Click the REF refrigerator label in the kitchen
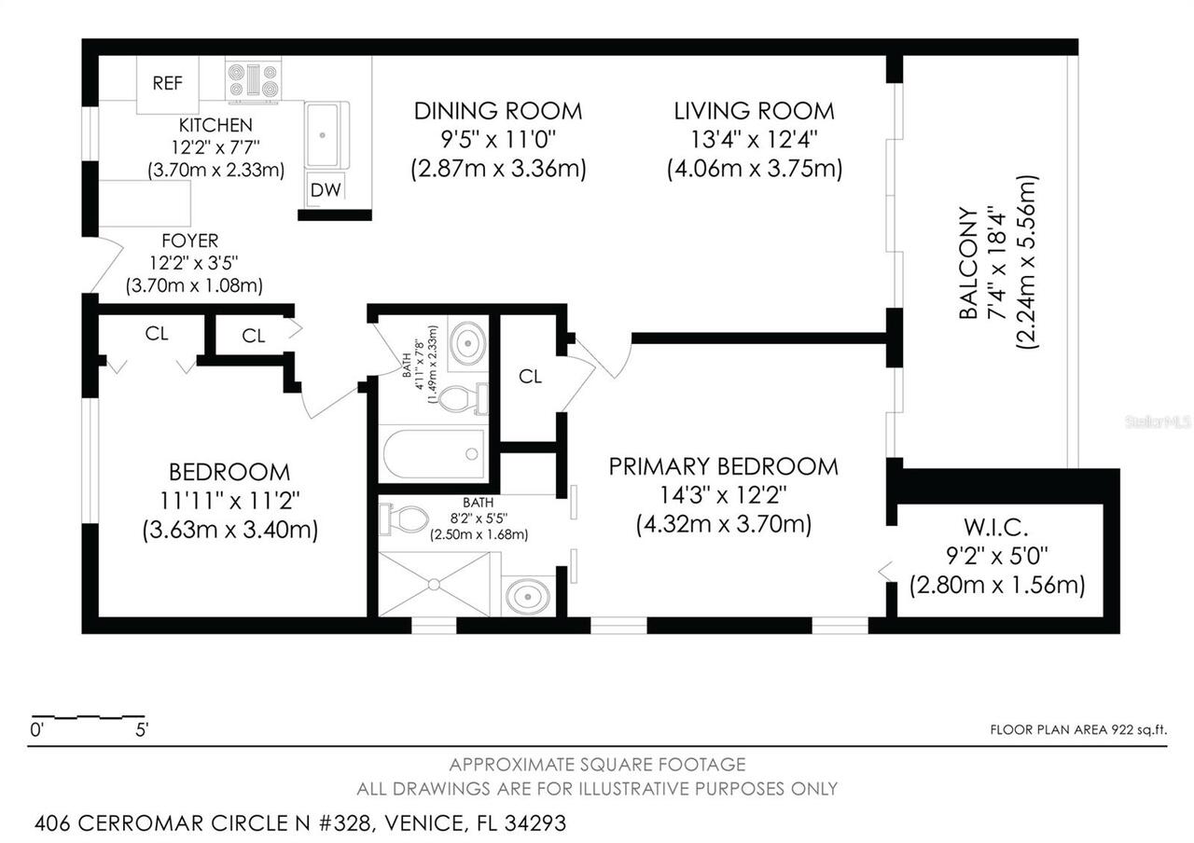[x=167, y=83]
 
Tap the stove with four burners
[x=253, y=80]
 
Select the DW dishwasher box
[x=326, y=189]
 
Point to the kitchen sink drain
[x=322, y=135]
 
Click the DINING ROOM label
[x=498, y=111]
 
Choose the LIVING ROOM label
[x=755, y=111]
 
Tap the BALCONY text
[x=968, y=263]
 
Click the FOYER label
[x=190, y=241]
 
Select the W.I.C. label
[x=996, y=528]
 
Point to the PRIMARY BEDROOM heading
[x=723, y=467]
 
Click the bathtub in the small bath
[x=434, y=454]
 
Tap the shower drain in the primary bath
[x=434, y=585]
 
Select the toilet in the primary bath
[x=404, y=519]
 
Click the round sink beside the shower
[x=528, y=596]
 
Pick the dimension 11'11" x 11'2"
[x=229, y=501]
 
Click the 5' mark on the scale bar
[x=142, y=729]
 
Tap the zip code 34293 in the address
[x=535, y=823]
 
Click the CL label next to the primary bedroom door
[x=530, y=377]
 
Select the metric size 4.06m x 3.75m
[x=755, y=169]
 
